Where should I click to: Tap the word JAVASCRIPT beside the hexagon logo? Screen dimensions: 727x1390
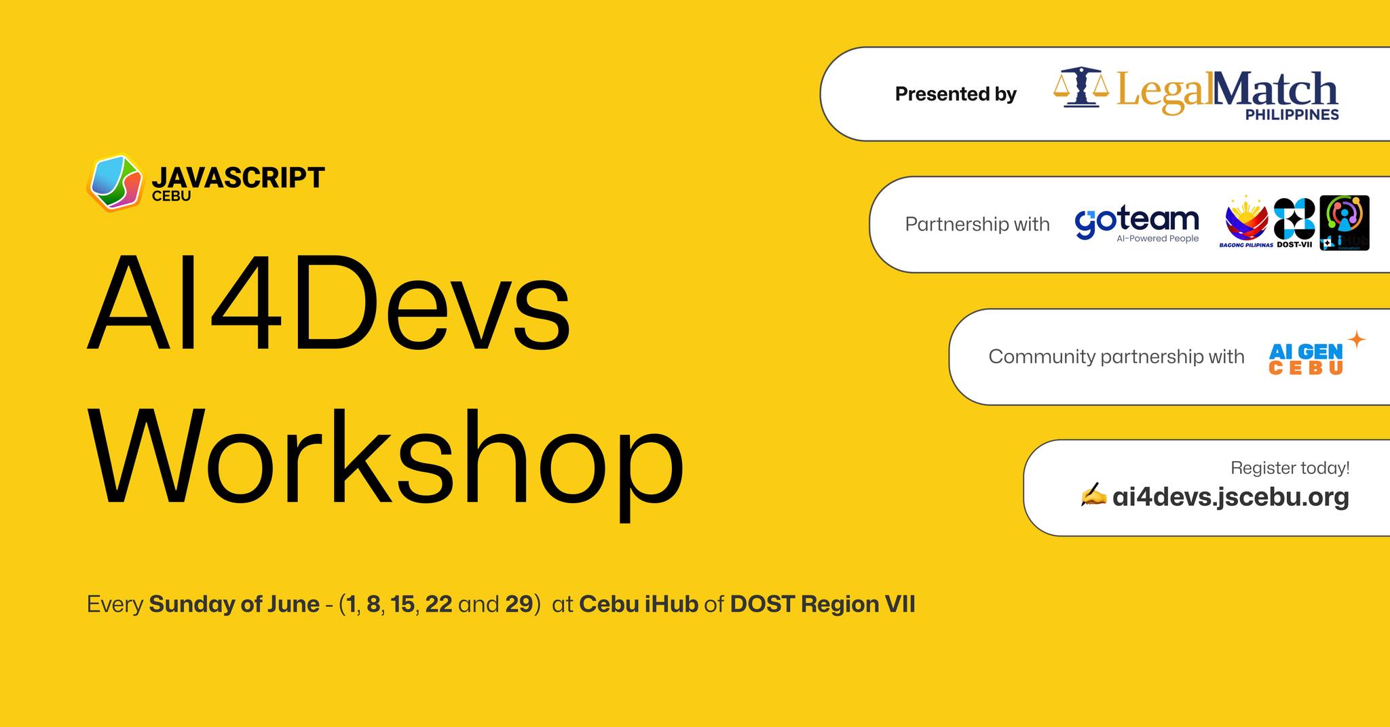coord(238,178)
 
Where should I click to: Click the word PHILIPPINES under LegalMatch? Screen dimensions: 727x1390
coord(1292,115)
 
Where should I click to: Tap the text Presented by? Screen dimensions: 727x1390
coord(955,94)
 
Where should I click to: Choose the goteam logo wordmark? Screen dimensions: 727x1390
coord(1137,220)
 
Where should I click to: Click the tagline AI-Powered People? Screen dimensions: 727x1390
coord(1157,239)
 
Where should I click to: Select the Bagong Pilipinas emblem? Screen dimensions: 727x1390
coord(1246,220)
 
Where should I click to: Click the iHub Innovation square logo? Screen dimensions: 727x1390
coord(1344,222)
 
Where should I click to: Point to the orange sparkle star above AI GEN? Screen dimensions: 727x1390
coord(1356,340)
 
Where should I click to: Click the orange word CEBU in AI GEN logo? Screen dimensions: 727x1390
coord(1306,368)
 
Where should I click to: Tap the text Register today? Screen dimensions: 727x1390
coord(1290,468)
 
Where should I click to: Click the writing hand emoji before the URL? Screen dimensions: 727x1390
coord(1093,496)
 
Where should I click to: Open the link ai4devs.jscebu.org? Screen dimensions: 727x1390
coord(1231,497)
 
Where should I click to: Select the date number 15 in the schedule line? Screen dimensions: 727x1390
coord(402,604)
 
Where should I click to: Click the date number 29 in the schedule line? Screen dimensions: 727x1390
coord(519,604)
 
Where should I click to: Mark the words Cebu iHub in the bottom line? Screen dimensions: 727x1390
coord(638,604)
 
